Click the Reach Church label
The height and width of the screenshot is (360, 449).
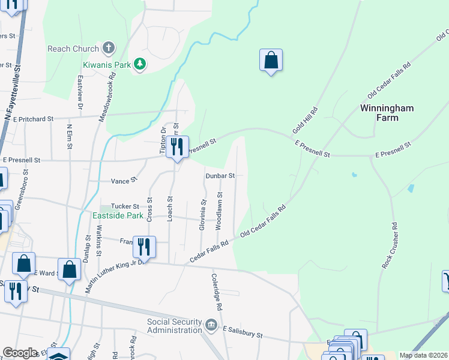(x=73, y=49)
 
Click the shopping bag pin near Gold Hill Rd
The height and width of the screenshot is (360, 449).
(x=271, y=61)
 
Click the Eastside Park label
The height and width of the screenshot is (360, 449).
(x=117, y=215)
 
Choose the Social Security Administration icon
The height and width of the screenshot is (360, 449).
(x=211, y=325)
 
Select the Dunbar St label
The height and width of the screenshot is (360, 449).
(x=219, y=176)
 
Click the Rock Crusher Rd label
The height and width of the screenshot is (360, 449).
(x=390, y=245)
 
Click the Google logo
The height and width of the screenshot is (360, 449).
(x=20, y=353)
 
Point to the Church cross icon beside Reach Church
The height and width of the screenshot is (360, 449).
(x=109, y=48)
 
